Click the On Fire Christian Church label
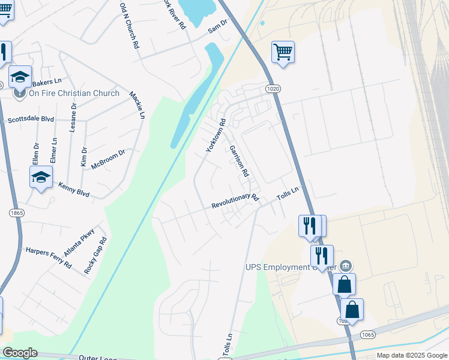coord(66,93)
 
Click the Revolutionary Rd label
coord(235,201)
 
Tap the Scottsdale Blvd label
coord(31,119)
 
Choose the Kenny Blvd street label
coord(74,190)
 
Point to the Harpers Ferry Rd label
coord(49,257)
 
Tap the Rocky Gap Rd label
coord(95,256)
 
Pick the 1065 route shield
coord(368,334)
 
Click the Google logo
coord(20,353)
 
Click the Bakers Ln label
coord(47,82)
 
